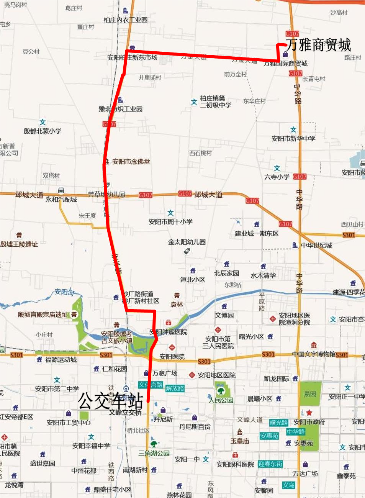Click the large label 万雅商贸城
318,45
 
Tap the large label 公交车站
111,401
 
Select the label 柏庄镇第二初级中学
215,102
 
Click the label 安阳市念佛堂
131,162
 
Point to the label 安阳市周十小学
170,221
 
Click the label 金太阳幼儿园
187,242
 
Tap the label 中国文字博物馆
313,354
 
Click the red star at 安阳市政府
309,413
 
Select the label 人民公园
221,400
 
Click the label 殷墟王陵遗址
19,244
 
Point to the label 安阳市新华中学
293,138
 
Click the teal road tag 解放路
175,388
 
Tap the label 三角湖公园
154,453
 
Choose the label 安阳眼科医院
235,464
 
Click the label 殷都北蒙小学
43,131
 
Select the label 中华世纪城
316,245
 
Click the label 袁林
177,305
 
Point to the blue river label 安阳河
64,292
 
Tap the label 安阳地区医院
216,375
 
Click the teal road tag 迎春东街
270,464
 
